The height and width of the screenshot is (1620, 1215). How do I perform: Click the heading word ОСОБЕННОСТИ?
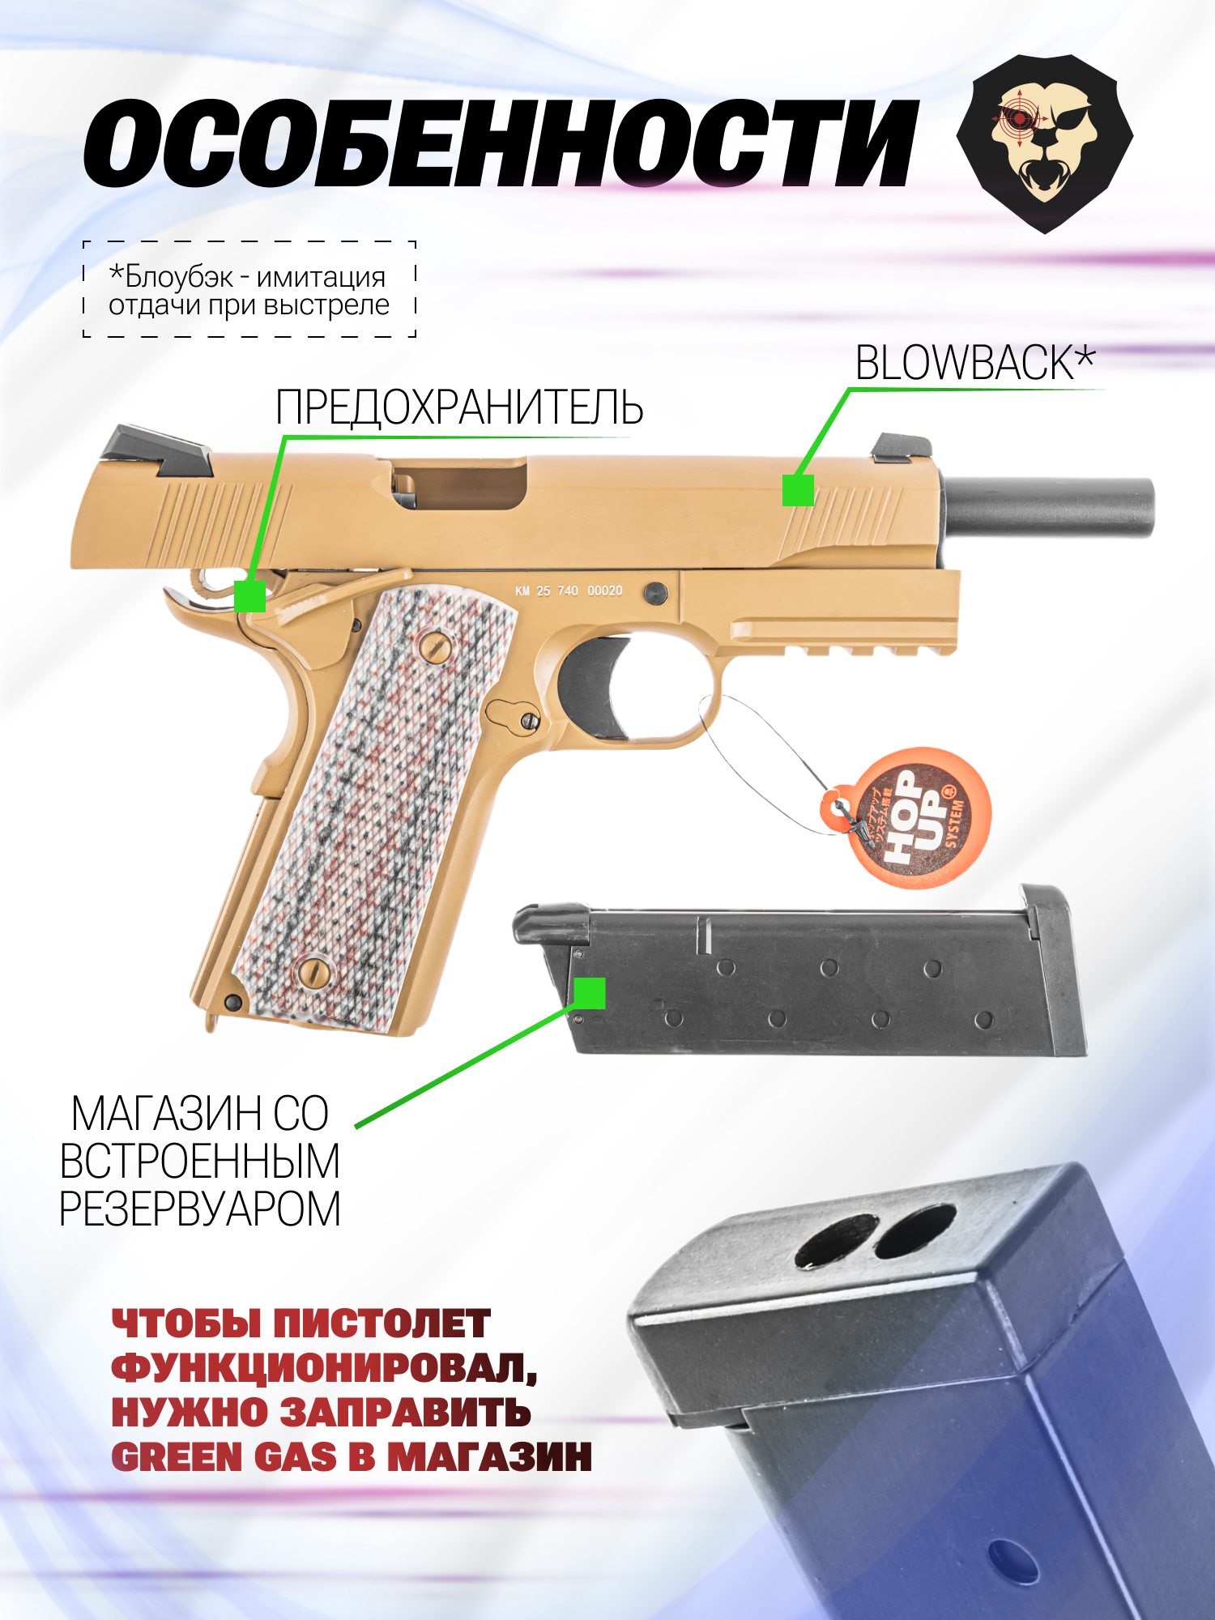coord(501,143)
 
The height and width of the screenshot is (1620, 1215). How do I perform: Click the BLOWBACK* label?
coord(975,363)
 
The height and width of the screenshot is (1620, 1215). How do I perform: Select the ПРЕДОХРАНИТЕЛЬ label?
coord(459,407)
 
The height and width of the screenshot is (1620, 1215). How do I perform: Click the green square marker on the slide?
coord(798,490)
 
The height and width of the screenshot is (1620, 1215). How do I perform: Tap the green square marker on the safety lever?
coord(249,596)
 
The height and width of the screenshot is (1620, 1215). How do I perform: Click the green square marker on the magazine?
coord(589,993)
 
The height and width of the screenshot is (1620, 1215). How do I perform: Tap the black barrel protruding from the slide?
coord(1049,507)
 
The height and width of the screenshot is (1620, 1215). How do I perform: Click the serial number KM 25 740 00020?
coord(569,591)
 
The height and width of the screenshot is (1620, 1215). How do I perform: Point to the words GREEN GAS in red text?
coord(224,1456)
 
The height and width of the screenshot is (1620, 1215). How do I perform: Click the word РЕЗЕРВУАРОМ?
coord(200,1209)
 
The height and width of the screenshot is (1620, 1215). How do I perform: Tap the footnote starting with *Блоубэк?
coord(249,290)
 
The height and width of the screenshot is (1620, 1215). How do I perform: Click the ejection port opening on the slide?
coord(460,485)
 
